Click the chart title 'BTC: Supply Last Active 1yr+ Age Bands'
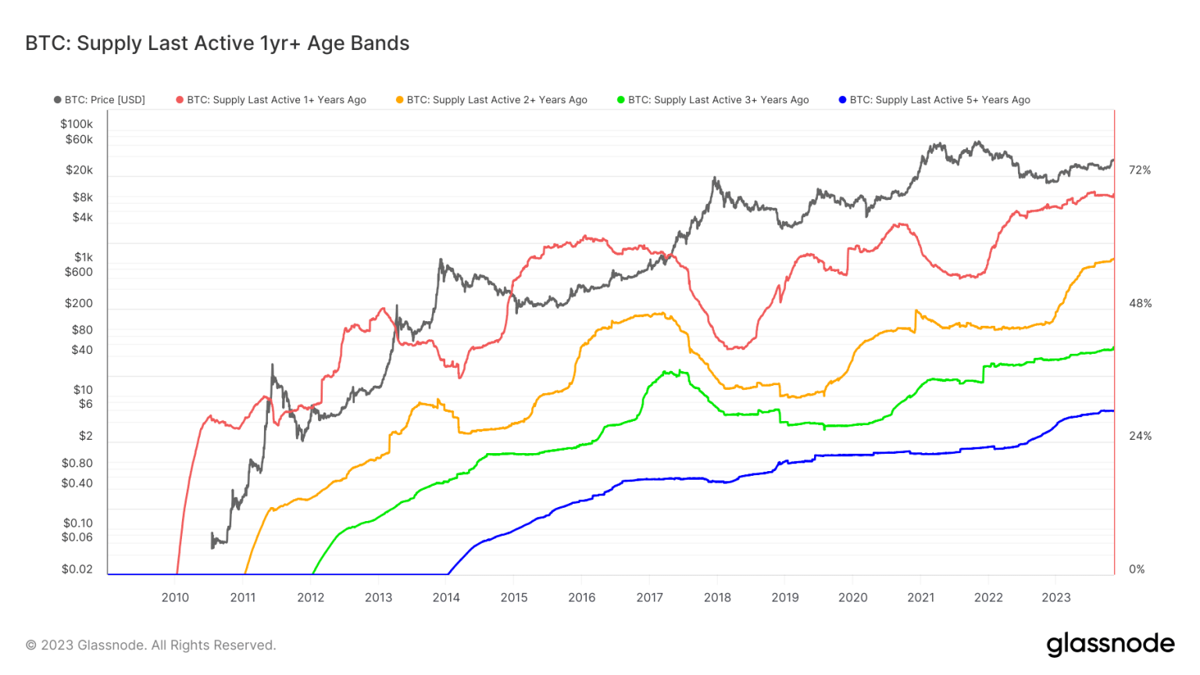pos(217,43)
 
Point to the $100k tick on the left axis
pos(77,123)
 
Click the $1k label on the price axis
pos(84,257)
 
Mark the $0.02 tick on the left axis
pos(77,569)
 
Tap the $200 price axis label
pos(79,303)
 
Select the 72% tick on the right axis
pos(1140,170)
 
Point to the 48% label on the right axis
pos(1140,303)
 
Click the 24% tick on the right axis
pos(1140,436)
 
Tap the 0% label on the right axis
pos(1137,569)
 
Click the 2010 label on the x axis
pos(175,598)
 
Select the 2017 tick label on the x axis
pos(649,598)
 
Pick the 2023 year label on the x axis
pos(1056,598)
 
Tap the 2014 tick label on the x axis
pos(446,598)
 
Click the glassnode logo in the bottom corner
pos(1110,645)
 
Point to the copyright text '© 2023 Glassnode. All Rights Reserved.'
pos(151,645)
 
